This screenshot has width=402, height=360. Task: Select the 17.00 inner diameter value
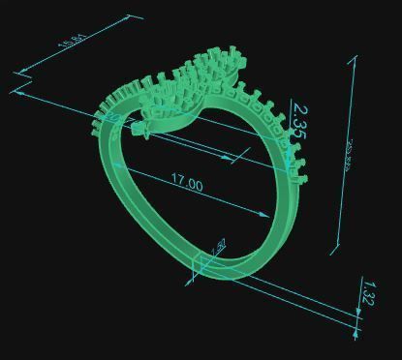coord(187,181)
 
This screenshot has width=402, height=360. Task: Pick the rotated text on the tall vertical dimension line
coord(347,155)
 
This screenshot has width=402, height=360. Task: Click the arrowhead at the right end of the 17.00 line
coord(267,216)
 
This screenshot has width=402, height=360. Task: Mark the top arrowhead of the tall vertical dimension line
coord(351,59)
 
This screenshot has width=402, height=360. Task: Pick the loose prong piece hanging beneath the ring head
coord(147,134)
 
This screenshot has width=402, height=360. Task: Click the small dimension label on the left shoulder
coord(114,120)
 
